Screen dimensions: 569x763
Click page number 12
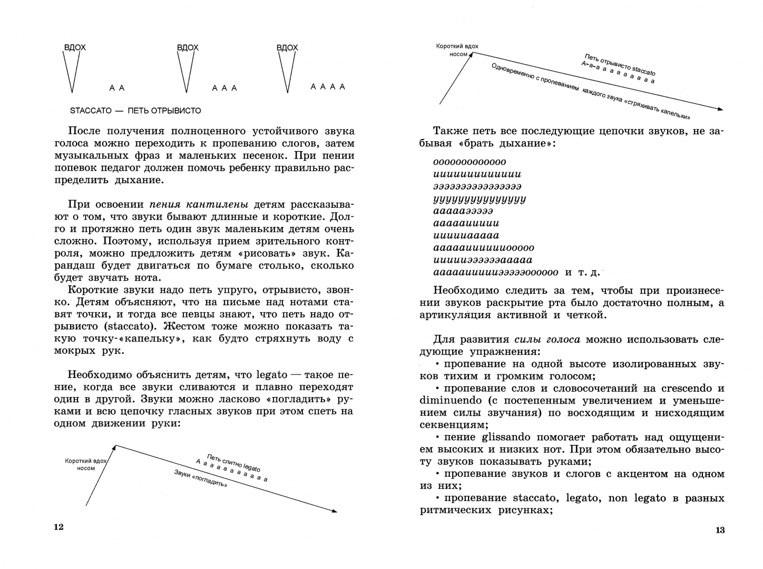(x=58, y=527)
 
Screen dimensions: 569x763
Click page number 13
(x=720, y=530)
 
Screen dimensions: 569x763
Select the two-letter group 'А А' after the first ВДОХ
(x=117, y=88)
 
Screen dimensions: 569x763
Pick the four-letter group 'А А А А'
(x=328, y=86)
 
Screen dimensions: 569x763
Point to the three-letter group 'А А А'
(x=224, y=88)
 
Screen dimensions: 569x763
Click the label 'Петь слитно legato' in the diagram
(x=233, y=463)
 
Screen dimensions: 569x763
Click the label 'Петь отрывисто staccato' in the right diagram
(x=620, y=64)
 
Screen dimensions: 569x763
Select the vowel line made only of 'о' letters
(x=469, y=162)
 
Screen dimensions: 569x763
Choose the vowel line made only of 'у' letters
(x=480, y=199)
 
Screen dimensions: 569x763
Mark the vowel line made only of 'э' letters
(x=477, y=187)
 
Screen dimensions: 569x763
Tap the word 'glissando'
(x=507, y=437)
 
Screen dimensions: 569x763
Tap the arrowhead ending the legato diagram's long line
(x=334, y=511)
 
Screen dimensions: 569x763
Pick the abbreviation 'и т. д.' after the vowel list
(x=582, y=272)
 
